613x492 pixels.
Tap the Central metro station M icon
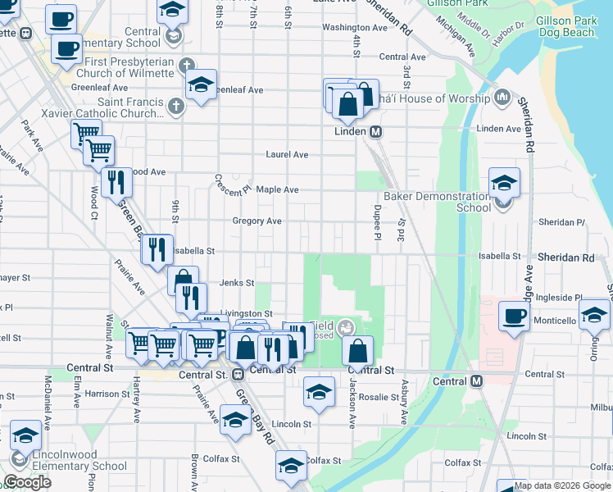(477, 381)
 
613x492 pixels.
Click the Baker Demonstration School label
(437, 202)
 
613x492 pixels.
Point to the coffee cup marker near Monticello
(515, 317)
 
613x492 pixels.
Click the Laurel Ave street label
(287, 154)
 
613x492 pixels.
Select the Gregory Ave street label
(257, 221)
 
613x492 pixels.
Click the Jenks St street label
(237, 282)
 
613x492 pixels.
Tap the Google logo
(27, 482)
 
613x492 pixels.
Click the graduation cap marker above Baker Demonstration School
(505, 183)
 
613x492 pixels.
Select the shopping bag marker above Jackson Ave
(357, 351)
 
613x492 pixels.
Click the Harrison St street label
(107, 394)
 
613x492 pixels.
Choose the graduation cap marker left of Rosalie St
(319, 392)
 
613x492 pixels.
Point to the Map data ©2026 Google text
(562, 485)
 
